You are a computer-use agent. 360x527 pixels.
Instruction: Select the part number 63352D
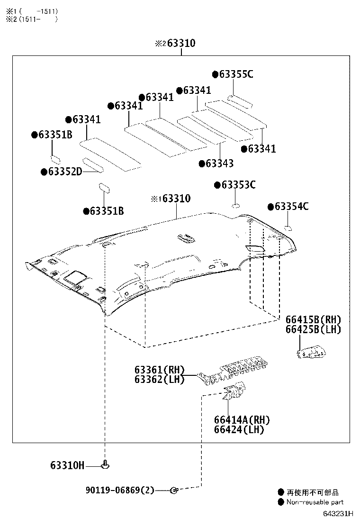click(x=65, y=172)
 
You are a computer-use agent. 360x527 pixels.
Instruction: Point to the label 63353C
click(x=238, y=185)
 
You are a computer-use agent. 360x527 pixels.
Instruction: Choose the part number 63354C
click(x=291, y=207)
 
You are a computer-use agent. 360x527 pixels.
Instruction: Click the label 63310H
click(x=67, y=466)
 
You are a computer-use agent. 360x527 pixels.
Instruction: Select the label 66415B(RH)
click(x=313, y=320)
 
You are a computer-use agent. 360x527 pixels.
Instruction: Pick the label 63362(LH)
click(x=159, y=380)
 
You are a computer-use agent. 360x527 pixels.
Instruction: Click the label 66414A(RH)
click(x=242, y=420)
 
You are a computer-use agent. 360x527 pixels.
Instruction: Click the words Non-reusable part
click(x=315, y=502)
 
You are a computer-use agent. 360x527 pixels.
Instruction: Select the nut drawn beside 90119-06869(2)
click(x=174, y=490)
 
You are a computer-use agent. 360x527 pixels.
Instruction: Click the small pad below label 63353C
click(x=235, y=205)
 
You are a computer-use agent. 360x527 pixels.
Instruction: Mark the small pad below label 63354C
click(x=287, y=228)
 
